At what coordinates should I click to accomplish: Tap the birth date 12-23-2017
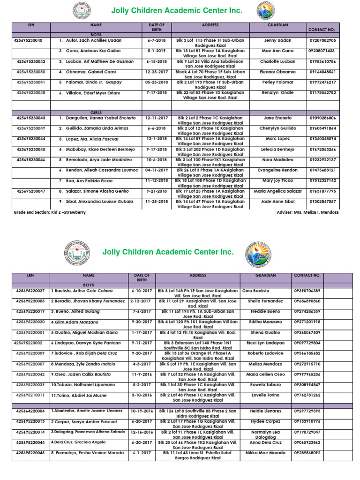tap(157, 72)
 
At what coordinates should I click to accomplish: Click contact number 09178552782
tap(322, 92)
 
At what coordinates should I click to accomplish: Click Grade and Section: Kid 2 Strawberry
tap(50, 212)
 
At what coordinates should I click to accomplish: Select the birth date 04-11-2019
tap(157, 170)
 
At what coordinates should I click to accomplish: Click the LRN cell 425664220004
tap(30, 411)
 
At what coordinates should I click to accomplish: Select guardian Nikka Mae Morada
tap(265, 453)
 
